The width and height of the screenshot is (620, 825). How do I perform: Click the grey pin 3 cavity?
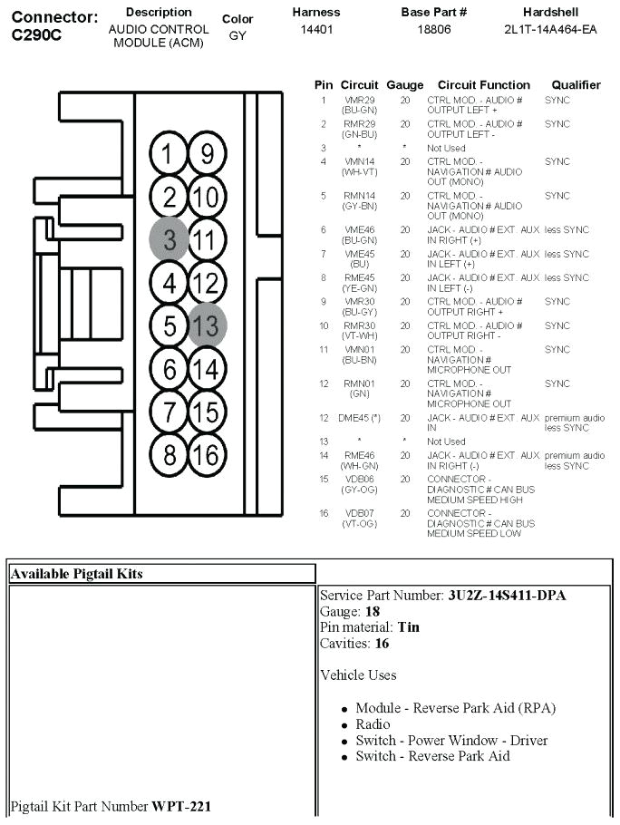click(x=169, y=239)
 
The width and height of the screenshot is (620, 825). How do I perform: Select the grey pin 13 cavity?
click(x=208, y=324)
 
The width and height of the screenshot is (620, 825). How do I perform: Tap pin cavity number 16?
click(x=208, y=452)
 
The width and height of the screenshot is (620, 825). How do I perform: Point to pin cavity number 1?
click(x=169, y=154)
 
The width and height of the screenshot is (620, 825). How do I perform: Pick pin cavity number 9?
click(x=208, y=154)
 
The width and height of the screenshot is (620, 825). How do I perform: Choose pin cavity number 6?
click(x=169, y=368)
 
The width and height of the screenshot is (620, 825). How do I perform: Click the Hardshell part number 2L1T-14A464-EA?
click(x=550, y=29)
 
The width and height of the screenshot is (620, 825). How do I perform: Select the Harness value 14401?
click(x=316, y=29)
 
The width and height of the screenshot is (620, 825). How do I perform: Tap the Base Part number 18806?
click(x=433, y=29)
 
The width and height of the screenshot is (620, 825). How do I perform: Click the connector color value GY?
click(x=237, y=35)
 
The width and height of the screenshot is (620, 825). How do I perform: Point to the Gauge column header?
click(x=404, y=85)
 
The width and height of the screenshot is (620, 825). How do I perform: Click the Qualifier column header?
click(x=576, y=85)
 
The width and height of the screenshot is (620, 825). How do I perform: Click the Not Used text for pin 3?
click(x=446, y=148)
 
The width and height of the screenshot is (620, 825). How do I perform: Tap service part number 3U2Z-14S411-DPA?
click(x=508, y=596)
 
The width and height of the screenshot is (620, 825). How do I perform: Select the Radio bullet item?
click(x=373, y=724)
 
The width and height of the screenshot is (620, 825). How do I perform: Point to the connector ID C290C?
click(x=37, y=34)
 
